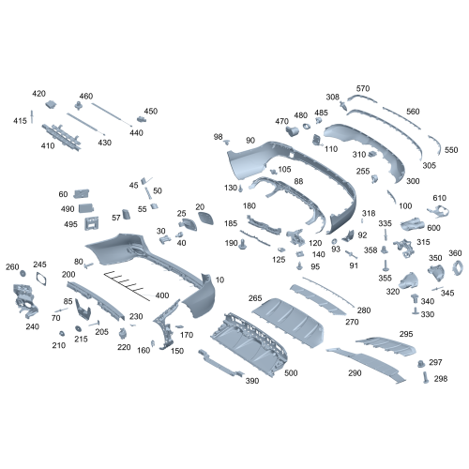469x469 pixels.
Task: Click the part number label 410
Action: tap(48, 146)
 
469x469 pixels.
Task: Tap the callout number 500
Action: tap(291, 373)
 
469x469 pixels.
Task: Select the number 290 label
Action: tap(355, 373)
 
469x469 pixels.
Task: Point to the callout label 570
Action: tap(363, 88)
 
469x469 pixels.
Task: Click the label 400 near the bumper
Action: tap(162, 295)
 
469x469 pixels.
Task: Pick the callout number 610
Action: tap(439, 198)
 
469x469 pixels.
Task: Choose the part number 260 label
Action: tap(12, 267)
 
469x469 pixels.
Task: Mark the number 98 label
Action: tap(219, 137)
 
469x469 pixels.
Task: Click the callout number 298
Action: tap(441, 378)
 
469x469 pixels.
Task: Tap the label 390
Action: tap(251, 381)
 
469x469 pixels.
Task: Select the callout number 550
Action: tap(451, 150)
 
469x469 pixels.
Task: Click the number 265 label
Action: tap(255, 298)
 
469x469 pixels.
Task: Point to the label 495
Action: tap(69, 224)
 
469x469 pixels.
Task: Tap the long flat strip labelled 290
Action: tap(366, 361)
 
